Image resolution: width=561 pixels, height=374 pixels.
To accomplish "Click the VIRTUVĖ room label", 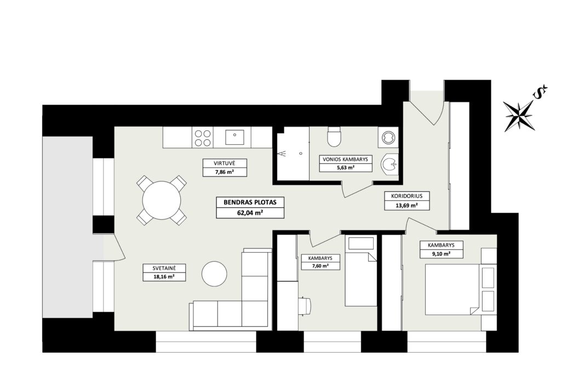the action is pos(225,163).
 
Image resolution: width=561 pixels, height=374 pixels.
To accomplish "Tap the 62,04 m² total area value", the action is pos(250,212).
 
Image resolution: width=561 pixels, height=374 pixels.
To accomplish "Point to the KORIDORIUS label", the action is pos(407,196).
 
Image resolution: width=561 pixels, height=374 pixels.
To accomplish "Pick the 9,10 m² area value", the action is pos(441,253).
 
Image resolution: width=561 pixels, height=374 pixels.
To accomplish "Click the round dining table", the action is pos(162,200).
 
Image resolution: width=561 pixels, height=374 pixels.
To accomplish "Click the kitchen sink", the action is pos(234,137).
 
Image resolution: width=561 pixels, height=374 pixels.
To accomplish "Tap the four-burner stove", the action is pos(203,138).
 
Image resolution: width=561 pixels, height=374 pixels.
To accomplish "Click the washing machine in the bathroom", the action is pos(387,137).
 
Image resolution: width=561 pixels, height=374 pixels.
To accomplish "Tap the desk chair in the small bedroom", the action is pos(306,306).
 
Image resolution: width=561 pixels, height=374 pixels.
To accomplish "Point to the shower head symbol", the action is pos(282,154).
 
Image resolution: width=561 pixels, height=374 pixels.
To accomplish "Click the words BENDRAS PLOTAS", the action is pos(250,202).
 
